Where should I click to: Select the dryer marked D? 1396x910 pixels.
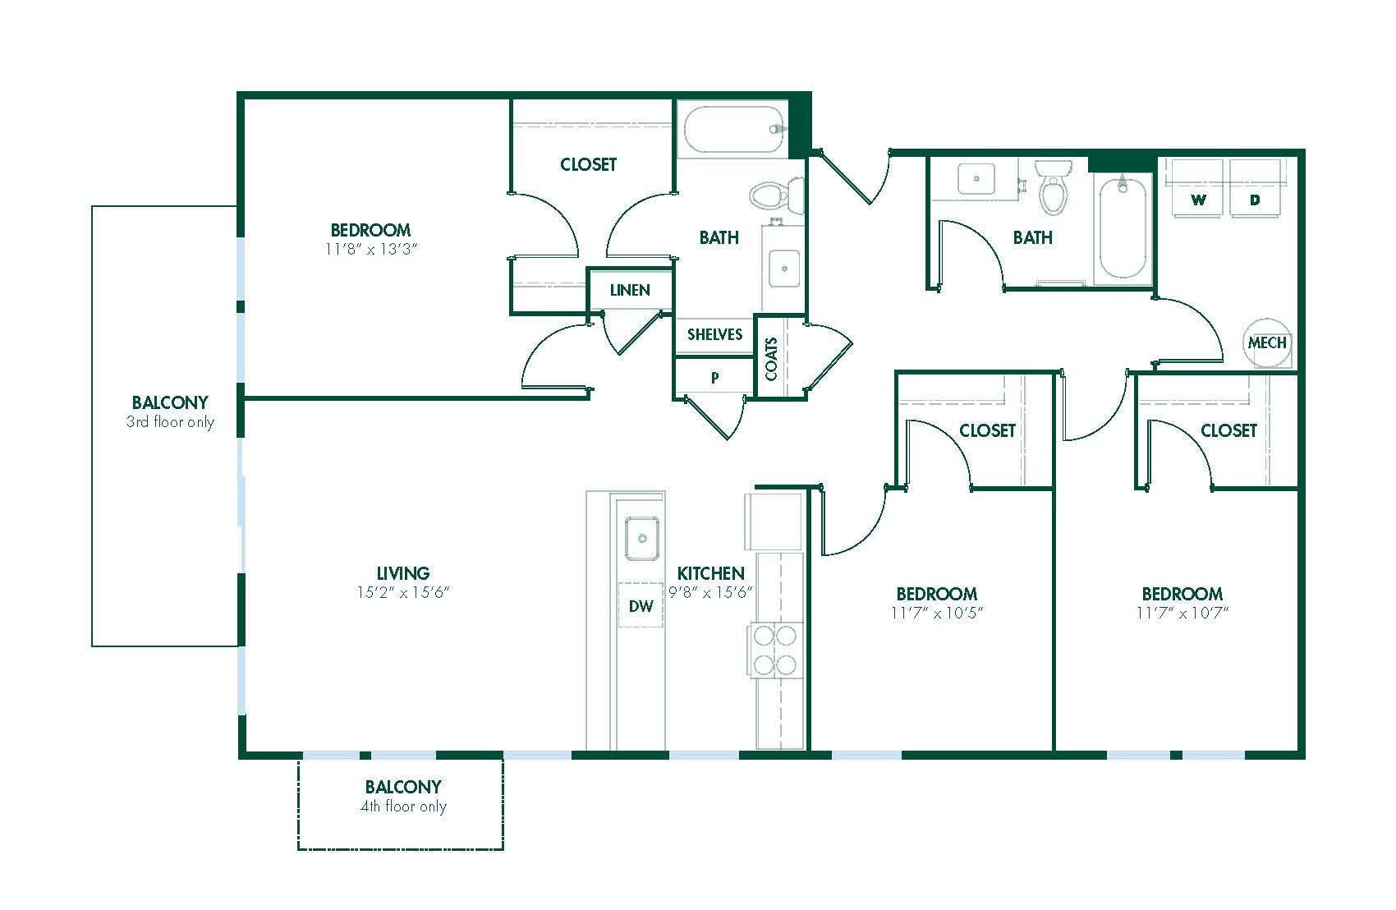(1255, 188)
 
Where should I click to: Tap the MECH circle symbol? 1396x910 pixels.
(1266, 342)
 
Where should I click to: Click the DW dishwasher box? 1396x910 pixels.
(640, 605)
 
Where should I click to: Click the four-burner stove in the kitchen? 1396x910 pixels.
(774, 650)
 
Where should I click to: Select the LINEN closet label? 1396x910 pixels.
(630, 290)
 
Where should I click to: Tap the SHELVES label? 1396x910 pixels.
(714, 334)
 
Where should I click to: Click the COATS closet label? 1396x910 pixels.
(771, 359)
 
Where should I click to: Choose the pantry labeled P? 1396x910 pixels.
(714, 377)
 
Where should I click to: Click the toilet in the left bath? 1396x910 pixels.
(777, 195)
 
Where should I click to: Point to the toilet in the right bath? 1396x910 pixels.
(1054, 187)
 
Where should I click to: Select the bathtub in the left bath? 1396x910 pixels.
(734, 130)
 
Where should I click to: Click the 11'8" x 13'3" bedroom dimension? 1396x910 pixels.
(371, 250)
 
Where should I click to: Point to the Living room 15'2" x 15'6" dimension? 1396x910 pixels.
(402, 593)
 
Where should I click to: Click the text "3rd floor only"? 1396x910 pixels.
(170, 422)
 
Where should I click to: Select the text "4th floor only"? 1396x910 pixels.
(403, 807)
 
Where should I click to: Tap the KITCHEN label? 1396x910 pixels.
(710, 573)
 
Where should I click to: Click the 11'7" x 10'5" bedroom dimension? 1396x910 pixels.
(937, 613)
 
